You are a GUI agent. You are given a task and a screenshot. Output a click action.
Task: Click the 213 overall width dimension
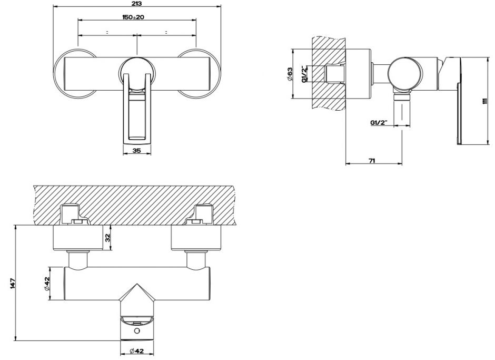137,3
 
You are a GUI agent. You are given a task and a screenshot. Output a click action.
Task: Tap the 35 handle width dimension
136,151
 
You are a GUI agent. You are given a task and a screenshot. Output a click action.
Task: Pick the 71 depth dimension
372,160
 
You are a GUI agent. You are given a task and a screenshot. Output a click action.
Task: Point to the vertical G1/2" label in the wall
304,75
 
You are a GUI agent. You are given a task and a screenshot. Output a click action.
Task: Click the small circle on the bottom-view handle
137,331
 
